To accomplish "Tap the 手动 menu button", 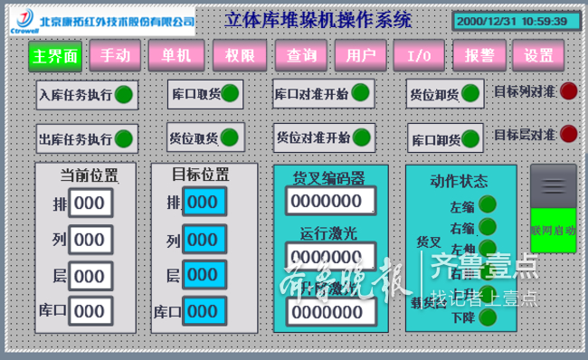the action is (x=115, y=55).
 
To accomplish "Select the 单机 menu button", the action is (x=176, y=55).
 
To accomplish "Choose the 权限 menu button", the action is (x=240, y=55).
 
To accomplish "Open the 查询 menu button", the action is (x=302, y=55).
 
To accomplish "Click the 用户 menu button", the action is (x=361, y=55).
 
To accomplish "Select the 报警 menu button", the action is (x=479, y=55).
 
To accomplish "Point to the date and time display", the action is (x=512, y=20).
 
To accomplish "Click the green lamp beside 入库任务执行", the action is (x=124, y=94).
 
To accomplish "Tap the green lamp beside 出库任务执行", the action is (x=124, y=139).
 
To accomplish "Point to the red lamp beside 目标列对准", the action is (x=568, y=90).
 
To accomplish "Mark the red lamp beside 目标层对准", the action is (x=568, y=134).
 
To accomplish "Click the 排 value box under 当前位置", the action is (x=90, y=204).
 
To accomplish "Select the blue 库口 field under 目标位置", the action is (x=203, y=311).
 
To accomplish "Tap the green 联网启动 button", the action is (x=553, y=231).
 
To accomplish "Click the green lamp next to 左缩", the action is (x=488, y=204).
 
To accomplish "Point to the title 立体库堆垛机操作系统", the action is (x=318, y=19).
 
